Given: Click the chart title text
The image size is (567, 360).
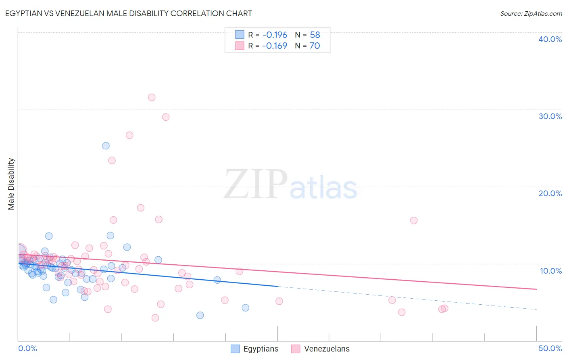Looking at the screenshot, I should coord(128,13).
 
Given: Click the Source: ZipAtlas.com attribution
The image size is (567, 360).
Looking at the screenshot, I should coord(531,13).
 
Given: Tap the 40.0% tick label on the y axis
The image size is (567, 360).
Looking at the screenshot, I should coord(550,39).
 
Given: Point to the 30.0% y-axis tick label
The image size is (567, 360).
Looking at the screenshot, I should coord(550,116).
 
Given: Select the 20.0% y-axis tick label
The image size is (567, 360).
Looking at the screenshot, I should coord(550,193).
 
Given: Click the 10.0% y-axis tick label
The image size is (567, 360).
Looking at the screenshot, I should coord(550,271).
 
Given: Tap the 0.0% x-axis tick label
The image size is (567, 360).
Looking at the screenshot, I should coord(27,348).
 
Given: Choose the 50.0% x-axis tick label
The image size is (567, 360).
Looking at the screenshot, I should coord(550,348).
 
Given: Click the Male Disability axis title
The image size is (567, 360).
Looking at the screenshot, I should coord(11,184).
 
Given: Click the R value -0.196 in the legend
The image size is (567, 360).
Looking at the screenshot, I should coord(275,35).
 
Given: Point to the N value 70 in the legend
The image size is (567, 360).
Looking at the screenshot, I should coord(315,46).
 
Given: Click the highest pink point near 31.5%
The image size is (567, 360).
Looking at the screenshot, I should coord(152,97).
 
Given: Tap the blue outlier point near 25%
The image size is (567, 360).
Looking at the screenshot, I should coord(106,146).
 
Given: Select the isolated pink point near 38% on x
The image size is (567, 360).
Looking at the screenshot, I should coord(414,220).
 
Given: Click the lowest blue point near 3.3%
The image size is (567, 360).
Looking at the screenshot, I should coord(200,315).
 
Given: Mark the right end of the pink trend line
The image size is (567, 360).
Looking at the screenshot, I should coord(536,289).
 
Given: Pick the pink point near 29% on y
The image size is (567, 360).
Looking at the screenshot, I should coord(166,117).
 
